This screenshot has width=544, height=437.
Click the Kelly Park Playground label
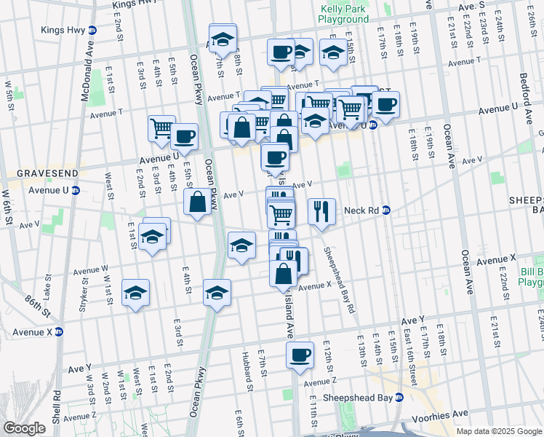pos(345,14)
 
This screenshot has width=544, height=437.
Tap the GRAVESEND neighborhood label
pos(37,174)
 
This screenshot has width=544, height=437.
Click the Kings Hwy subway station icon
pos(92,31)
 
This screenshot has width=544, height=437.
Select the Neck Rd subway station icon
pos(386,210)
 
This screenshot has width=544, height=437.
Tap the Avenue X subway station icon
pos(59,331)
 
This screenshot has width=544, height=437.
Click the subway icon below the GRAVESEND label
pos(76,191)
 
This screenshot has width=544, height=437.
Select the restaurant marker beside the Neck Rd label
pos(321,211)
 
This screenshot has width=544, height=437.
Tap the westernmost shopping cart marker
pos(161,128)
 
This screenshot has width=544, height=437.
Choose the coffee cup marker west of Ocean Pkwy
pos(184,135)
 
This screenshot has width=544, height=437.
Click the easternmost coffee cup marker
pos(385,104)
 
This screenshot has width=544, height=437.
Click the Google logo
pos(24,428)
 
